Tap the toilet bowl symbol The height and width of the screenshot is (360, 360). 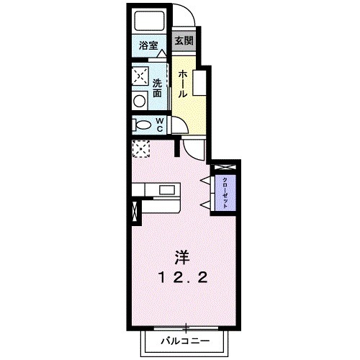point(139,125)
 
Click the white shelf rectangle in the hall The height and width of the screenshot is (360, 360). point(198,85)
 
